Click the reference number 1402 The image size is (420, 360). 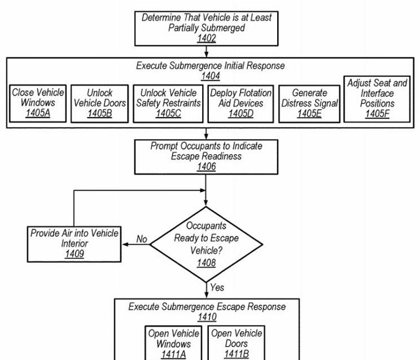click(x=206, y=38)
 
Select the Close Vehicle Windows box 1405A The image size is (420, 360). click(x=38, y=103)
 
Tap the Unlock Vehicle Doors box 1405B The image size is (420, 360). click(x=100, y=104)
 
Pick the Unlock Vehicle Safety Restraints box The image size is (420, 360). click(x=168, y=104)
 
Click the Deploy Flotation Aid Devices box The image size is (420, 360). click(x=240, y=104)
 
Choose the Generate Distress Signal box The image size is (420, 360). click(x=309, y=104)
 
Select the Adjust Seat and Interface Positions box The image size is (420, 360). click(x=377, y=99)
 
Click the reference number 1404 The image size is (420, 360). click(x=211, y=76)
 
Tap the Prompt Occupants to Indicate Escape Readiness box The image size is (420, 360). click(x=206, y=157)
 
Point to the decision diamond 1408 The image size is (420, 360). click(x=206, y=244)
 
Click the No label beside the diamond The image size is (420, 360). click(x=142, y=238)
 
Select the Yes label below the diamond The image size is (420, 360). click(x=217, y=287)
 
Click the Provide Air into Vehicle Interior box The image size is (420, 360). click(x=74, y=244)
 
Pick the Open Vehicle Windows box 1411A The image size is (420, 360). click(x=173, y=343)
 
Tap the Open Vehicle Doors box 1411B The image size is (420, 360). click(x=236, y=343)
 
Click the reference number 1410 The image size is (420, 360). click(x=207, y=317)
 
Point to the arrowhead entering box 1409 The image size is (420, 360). click(x=125, y=244)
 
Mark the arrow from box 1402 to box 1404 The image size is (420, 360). click(x=206, y=52)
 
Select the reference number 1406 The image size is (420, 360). click(x=206, y=167)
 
